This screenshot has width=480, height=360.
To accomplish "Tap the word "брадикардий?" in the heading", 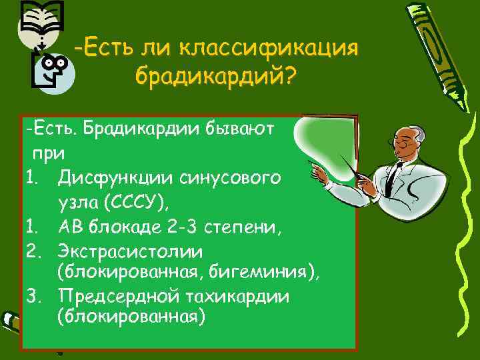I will [213, 75].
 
